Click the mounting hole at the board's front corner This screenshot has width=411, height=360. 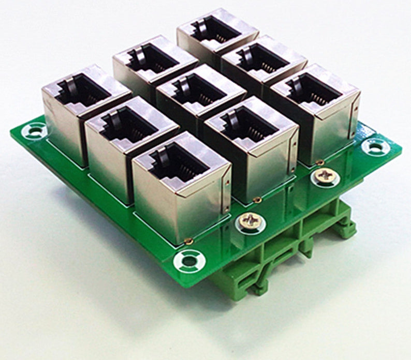190,260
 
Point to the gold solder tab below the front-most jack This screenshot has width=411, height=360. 190,241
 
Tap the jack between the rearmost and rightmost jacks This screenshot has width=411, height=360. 262,59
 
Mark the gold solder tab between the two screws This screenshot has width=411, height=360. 256,200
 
